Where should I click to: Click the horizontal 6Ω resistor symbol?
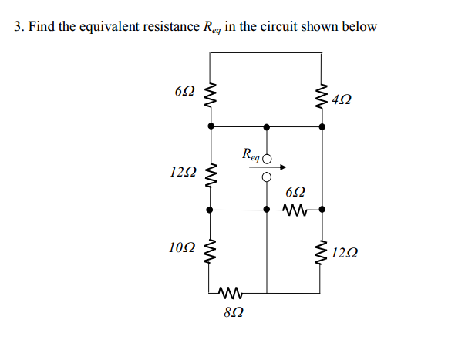coord(295,209)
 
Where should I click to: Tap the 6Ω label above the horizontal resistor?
coord(295,190)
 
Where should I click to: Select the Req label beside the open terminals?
coord(251,153)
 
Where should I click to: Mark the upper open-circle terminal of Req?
coord(267,159)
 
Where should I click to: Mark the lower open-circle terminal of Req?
coord(267,177)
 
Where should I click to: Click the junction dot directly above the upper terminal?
coord(267,126)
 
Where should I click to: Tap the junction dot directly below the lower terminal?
coord(267,209)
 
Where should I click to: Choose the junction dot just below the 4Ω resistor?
coord(322,126)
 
